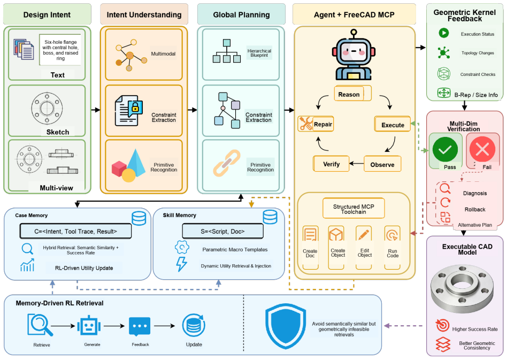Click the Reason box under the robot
(x=352, y=94)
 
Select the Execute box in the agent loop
(x=392, y=124)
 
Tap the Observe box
(x=382, y=164)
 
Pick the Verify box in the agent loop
(x=331, y=164)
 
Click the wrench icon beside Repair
(x=305, y=124)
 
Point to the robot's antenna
(x=354, y=34)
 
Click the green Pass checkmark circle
(x=445, y=149)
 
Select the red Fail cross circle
(x=482, y=149)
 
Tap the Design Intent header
(x=47, y=14)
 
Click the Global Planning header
(x=241, y=14)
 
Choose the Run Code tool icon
(x=393, y=235)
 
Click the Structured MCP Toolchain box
(x=354, y=209)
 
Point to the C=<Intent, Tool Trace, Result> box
(x=75, y=231)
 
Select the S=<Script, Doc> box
(x=223, y=231)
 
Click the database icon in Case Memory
(x=139, y=218)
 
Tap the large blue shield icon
(x=286, y=326)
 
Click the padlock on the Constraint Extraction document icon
(x=135, y=109)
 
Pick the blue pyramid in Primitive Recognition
(x=136, y=163)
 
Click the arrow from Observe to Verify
(x=357, y=164)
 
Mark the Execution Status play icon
(x=444, y=33)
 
